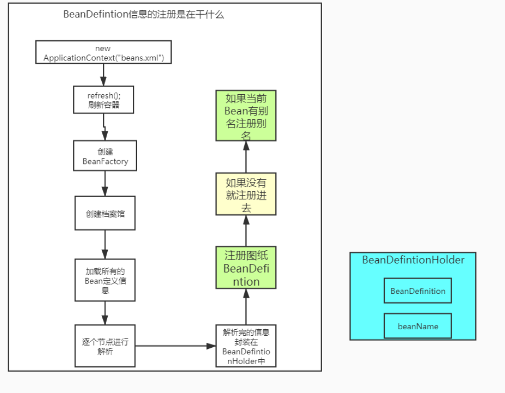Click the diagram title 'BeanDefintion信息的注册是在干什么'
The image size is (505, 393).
pyautogui.click(x=144, y=15)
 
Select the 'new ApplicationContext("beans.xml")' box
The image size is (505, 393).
pyautogui.click(x=103, y=53)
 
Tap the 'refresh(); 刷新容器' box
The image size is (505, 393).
pyautogui.click(x=103, y=100)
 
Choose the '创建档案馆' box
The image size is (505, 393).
pyautogui.click(x=105, y=213)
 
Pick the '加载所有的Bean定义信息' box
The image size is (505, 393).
pyautogui.click(x=105, y=280)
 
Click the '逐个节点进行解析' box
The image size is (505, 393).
pyautogui.click(x=105, y=346)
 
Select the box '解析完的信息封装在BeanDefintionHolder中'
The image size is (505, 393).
pyautogui.click(x=246, y=346)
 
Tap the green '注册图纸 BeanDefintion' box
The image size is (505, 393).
pyautogui.click(x=246, y=267)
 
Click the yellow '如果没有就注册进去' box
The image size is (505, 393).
pyautogui.click(x=246, y=194)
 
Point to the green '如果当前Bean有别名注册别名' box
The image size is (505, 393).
pyautogui.click(x=246, y=116)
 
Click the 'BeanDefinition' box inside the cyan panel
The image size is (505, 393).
pyautogui.click(x=417, y=291)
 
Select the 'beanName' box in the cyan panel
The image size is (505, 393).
pyautogui.click(x=417, y=326)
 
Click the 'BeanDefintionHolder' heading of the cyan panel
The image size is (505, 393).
pyautogui.click(x=413, y=260)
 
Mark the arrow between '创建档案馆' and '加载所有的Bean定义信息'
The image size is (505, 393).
pyautogui.click(x=105, y=245)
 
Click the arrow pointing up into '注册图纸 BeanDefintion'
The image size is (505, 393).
pyautogui.click(x=246, y=306)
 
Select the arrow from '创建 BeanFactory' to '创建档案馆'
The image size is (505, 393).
pyautogui.click(x=105, y=183)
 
